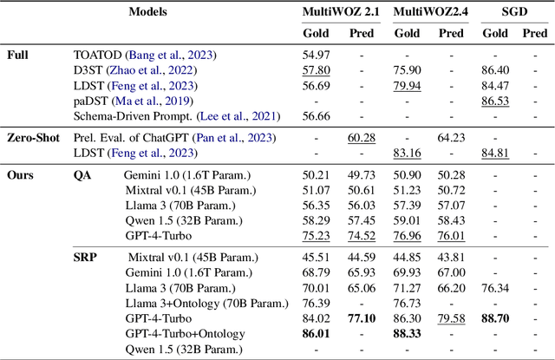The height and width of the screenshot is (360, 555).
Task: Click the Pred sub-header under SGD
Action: click(x=535, y=34)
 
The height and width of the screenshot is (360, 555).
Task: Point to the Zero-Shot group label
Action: click(x=32, y=137)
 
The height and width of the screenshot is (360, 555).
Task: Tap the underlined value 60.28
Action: click(x=361, y=137)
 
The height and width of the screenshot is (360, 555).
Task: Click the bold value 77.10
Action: click(x=361, y=317)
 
